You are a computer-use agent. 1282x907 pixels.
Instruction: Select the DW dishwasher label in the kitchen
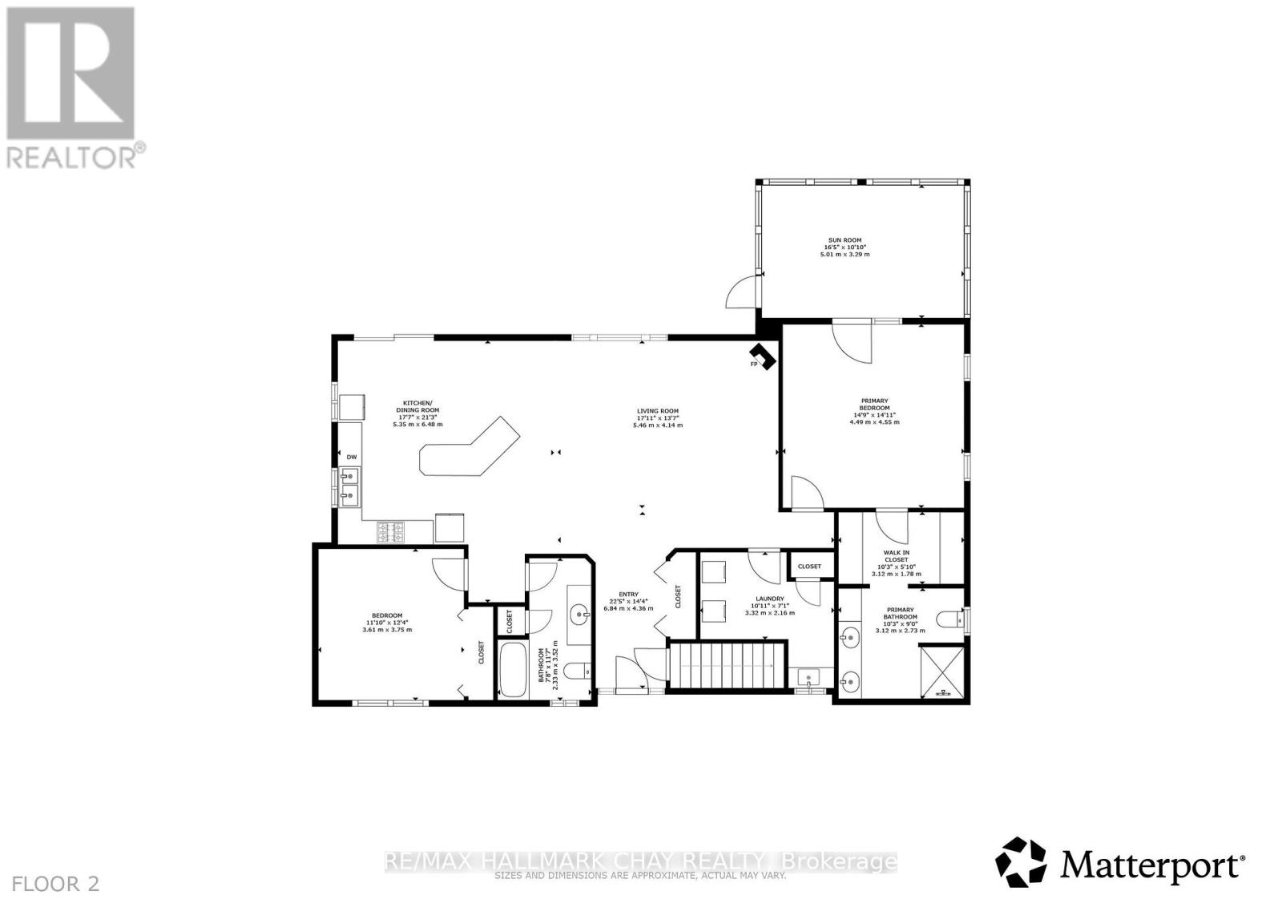click(351, 457)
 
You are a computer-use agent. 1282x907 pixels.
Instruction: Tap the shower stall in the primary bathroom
click(943, 671)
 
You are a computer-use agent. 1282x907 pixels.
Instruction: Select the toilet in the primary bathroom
click(952, 619)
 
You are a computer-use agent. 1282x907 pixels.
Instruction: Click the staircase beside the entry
click(726, 664)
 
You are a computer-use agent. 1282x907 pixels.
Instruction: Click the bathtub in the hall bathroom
click(510, 667)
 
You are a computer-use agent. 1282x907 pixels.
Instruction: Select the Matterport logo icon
click(1021, 861)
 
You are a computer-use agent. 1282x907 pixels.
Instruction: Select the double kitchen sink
click(350, 486)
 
